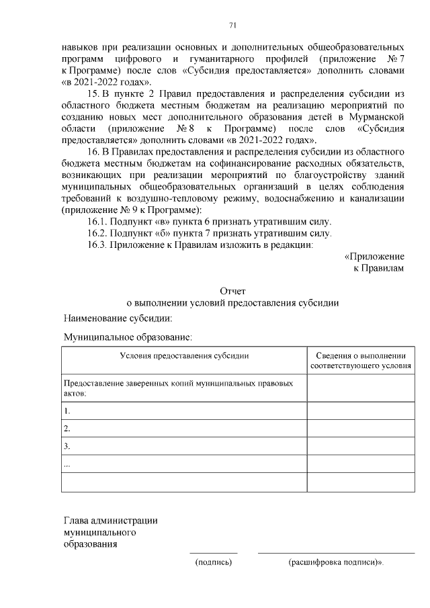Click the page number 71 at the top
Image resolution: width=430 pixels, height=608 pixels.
pyautogui.click(x=232, y=26)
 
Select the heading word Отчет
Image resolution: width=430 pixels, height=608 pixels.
pyautogui.click(x=232, y=291)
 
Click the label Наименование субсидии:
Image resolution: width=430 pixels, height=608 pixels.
pyautogui.click(x=118, y=317)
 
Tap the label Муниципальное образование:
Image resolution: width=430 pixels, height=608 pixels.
pyautogui.click(x=128, y=337)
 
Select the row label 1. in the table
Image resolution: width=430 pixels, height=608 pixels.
pyautogui.click(x=67, y=410)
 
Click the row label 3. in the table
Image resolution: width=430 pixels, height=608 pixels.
pyautogui.click(x=67, y=446)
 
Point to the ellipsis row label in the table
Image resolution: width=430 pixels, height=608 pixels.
pyautogui.click(x=67, y=464)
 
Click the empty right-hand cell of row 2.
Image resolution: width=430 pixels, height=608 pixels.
pyautogui.click(x=361, y=428)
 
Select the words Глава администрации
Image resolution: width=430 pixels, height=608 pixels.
pyautogui.click(x=110, y=520)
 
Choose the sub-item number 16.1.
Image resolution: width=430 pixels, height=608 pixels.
pyautogui.click(x=98, y=221)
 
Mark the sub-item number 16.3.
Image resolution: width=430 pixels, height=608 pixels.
pyautogui.click(x=98, y=245)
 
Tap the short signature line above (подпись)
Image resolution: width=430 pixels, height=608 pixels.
pyautogui.click(x=213, y=553)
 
